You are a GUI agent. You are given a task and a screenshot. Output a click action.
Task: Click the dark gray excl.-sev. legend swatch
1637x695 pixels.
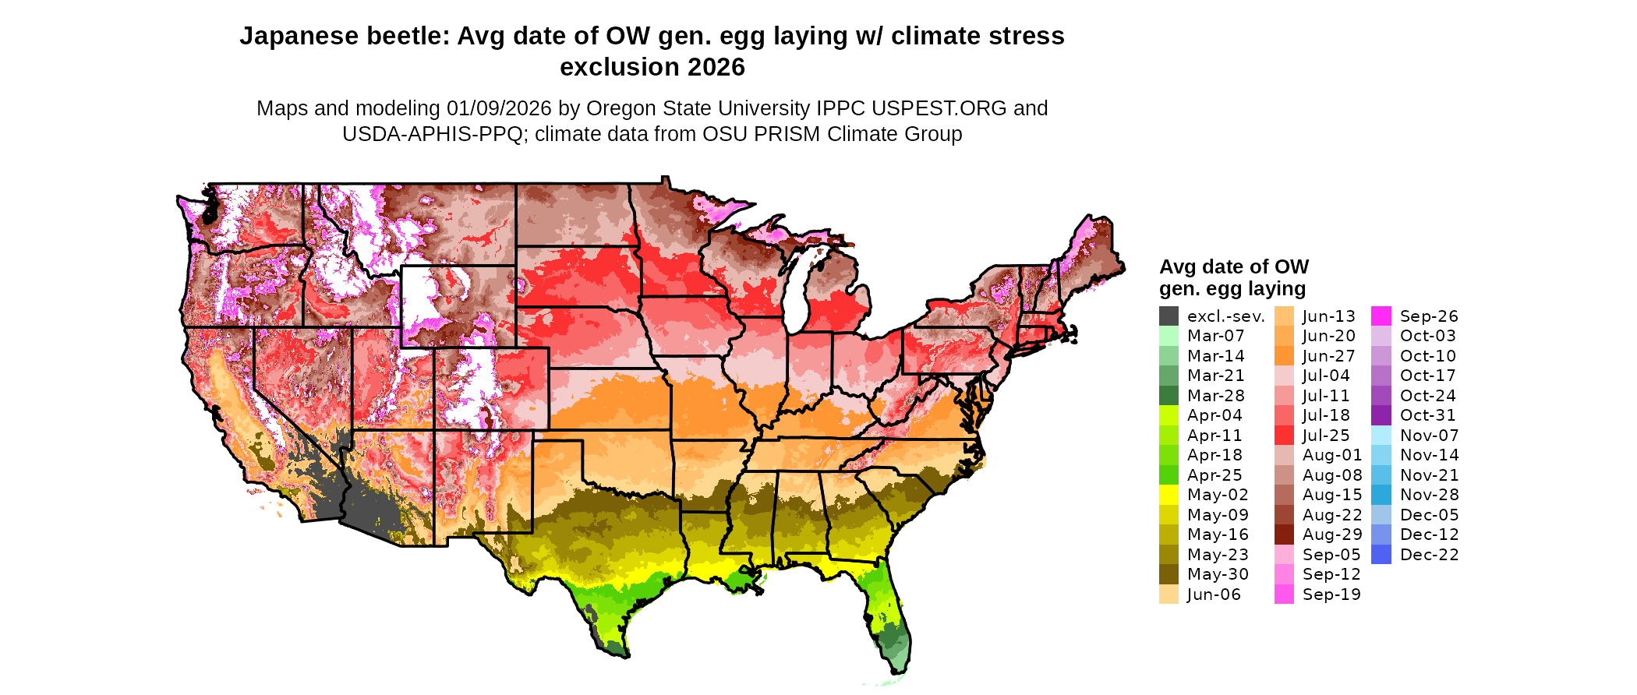pos(1169,316)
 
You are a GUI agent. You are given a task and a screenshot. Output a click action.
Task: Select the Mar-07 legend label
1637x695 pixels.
pos(1215,336)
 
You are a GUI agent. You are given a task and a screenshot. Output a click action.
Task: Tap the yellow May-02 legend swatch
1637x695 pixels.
pos(1169,495)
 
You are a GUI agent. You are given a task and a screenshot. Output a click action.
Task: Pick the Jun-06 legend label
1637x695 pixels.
pos(1213,594)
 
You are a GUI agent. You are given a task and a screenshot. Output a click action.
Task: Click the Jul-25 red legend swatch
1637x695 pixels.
pos(1284,436)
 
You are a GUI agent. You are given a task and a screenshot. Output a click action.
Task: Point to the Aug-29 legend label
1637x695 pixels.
pos(1331,534)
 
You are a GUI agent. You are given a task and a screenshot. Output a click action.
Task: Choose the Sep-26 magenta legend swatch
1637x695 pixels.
pos(1381,316)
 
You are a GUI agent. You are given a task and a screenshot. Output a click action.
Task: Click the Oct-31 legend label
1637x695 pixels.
pos(1427,415)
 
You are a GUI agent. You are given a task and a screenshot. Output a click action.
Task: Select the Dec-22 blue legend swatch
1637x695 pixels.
pos(1381,555)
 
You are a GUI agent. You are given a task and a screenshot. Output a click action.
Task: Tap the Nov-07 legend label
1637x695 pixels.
pos(1429,436)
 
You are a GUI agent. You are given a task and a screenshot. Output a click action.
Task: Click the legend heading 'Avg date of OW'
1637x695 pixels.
pos(1233,267)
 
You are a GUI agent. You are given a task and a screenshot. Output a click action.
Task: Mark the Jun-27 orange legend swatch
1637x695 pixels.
pos(1284,356)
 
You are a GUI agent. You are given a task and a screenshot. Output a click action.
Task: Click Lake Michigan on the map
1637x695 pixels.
pos(794,296)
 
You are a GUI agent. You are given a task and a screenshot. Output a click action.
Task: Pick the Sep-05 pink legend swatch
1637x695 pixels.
pos(1284,555)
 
